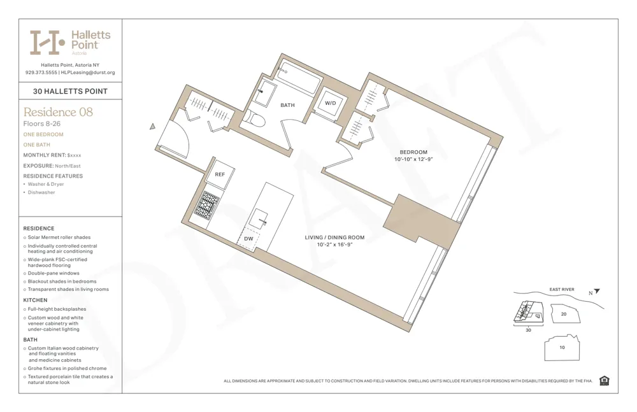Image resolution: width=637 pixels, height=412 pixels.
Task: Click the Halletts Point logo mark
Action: pos(47,42)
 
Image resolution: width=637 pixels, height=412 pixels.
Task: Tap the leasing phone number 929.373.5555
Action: pos(40,73)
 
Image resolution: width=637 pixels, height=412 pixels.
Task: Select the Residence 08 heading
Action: pos(58,112)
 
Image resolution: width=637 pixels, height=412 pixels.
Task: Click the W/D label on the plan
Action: pos(331,103)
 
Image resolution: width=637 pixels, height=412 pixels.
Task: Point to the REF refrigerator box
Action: pos(220,174)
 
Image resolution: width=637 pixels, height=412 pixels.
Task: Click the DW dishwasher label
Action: pos(249,239)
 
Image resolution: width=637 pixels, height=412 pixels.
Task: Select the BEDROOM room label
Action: pos(413,152)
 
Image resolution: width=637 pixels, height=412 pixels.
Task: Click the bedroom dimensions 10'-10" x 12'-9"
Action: pos(413,160)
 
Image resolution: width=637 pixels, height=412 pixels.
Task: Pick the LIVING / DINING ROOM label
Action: pos(334,238)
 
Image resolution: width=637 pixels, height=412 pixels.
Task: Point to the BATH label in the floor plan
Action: pos(287,105)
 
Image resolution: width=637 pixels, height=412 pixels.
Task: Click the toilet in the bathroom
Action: pos(256,118)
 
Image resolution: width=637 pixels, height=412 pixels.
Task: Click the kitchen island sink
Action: pos(261,218)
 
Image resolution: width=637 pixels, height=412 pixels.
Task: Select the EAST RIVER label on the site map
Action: pos(561,290)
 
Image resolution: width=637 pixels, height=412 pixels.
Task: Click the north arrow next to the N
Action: pos(597,292)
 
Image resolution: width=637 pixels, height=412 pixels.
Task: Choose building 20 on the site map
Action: pos(563,314)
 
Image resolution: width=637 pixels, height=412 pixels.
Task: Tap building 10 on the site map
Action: pos(562,348)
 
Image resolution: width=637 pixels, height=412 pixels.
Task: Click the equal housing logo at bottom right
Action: pos(605,381)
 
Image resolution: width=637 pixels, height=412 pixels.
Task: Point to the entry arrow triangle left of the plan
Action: pos(152,127)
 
